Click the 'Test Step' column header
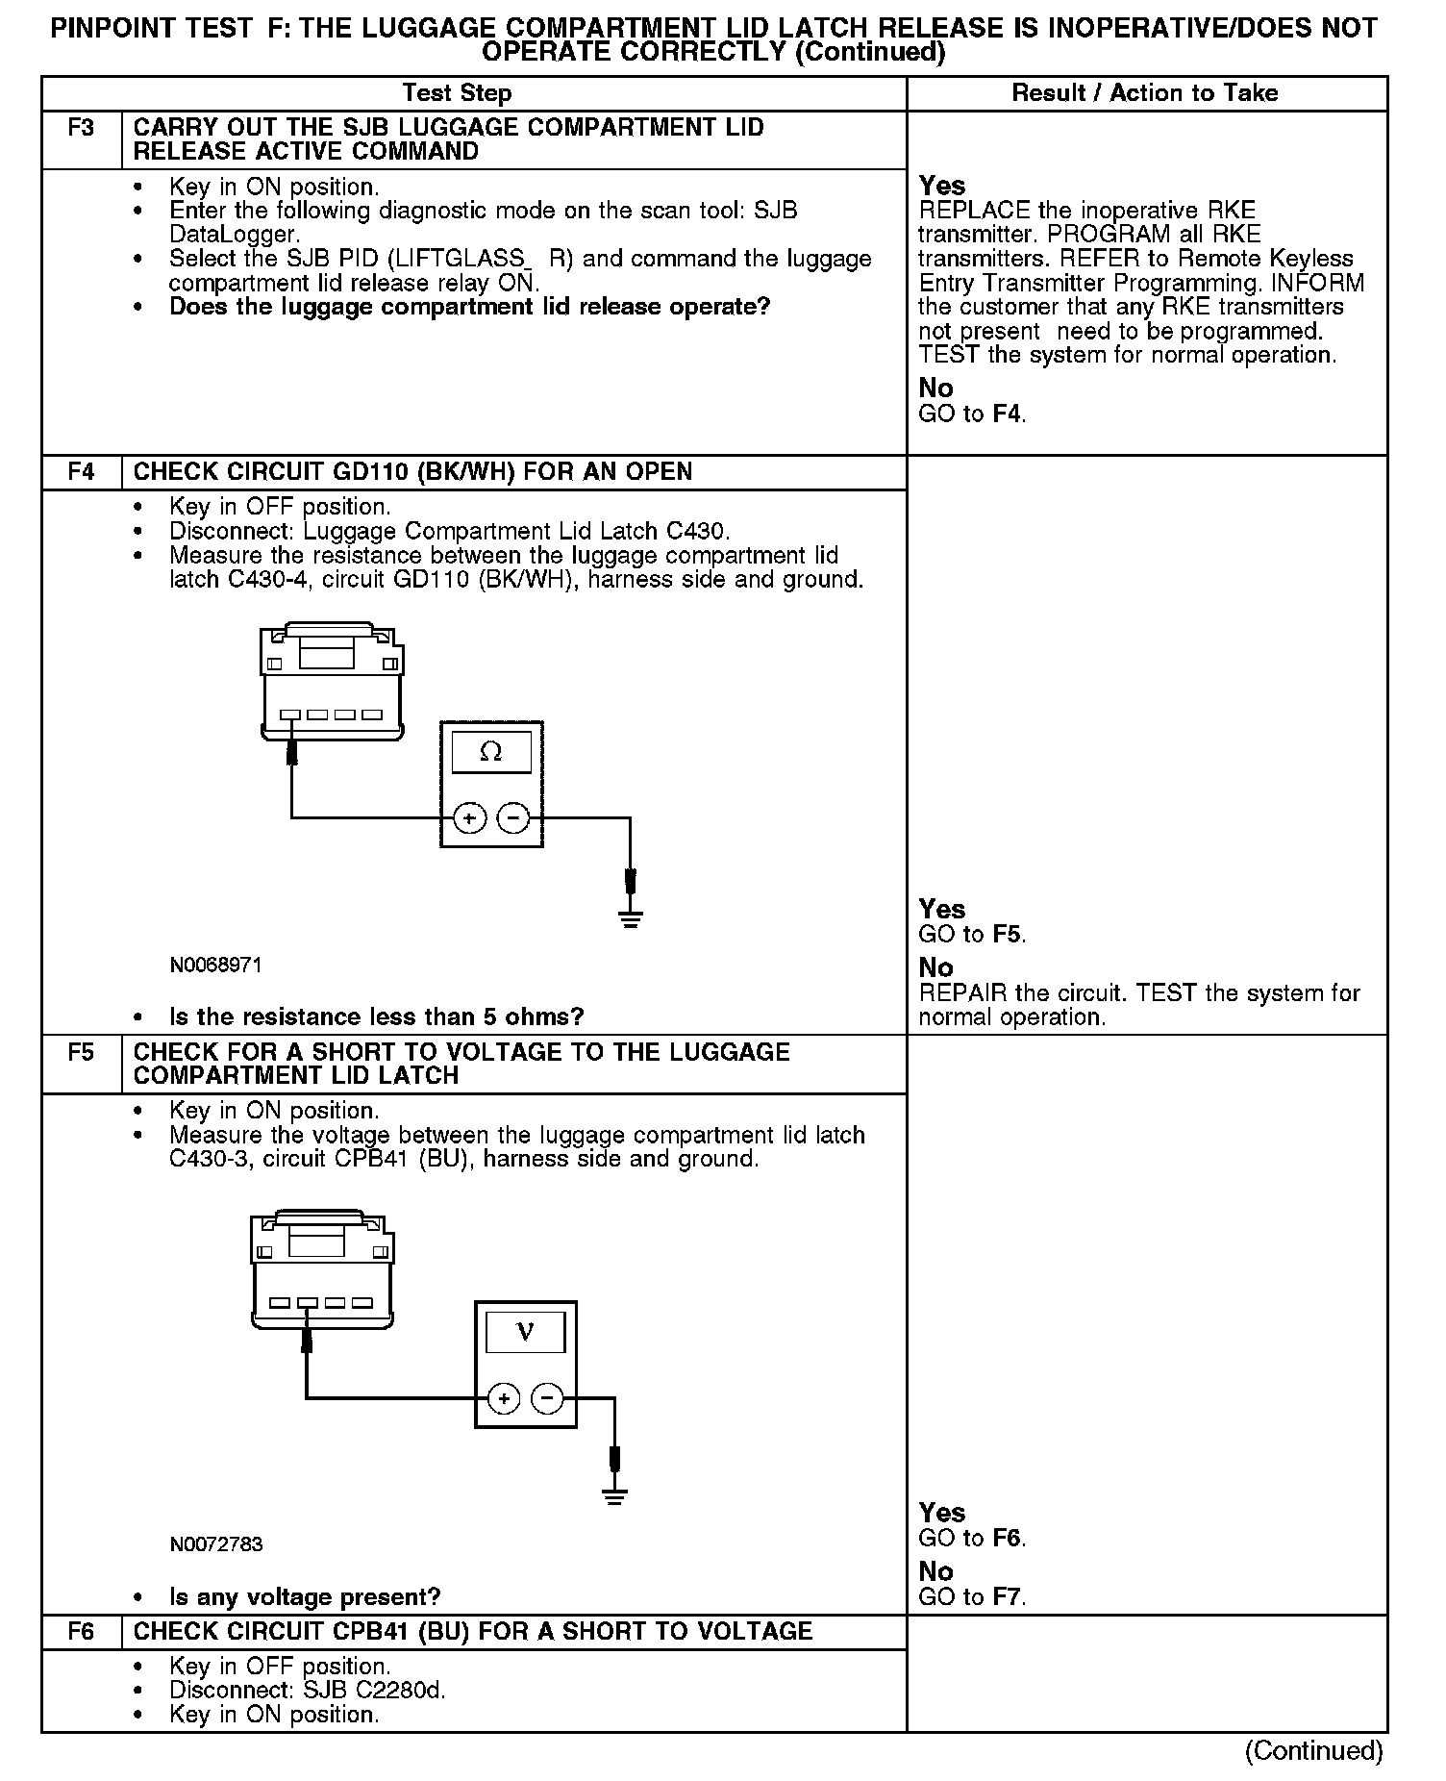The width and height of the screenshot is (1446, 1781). click(457, 93)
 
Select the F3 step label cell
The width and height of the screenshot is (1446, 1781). click(82, 128)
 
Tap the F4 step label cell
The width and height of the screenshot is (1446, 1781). click(82, 472)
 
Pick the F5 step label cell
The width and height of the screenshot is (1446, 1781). click(82, 1052)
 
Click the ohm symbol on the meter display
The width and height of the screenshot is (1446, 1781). click(490, 752)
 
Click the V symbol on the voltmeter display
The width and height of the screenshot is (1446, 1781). click(525, 1332)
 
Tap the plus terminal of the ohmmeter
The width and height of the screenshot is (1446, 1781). click(469, 818)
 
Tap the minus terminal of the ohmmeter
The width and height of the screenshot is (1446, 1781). click(514, 818)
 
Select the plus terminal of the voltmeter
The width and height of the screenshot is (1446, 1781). click(504, 1398)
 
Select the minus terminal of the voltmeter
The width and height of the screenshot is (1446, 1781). click(548, 1398)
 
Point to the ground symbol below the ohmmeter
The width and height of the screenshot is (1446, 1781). click(631, 919)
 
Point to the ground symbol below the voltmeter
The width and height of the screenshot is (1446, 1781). click(614, 1497)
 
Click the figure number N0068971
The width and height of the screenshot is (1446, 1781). click(216, 965)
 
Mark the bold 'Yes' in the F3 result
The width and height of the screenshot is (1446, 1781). click(942, 186)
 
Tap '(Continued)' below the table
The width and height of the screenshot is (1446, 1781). click(1314, 1750)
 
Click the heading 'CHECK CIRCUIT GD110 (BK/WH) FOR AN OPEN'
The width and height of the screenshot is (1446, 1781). click(412, 472)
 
